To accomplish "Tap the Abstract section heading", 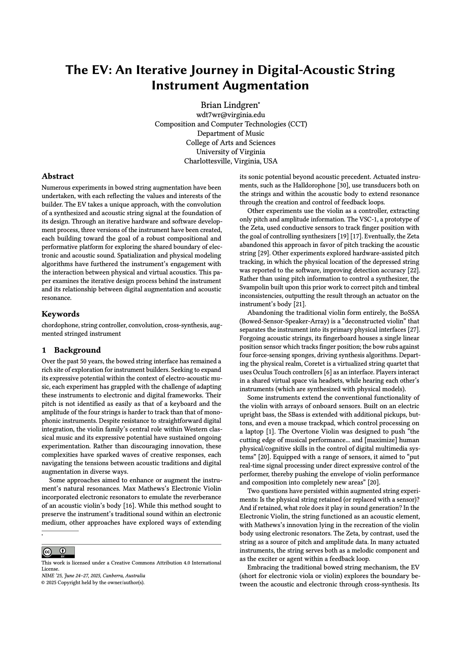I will tap(58, 176).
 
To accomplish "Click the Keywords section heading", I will tap(60, 314).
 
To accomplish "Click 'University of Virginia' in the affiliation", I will tap(230, 152).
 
